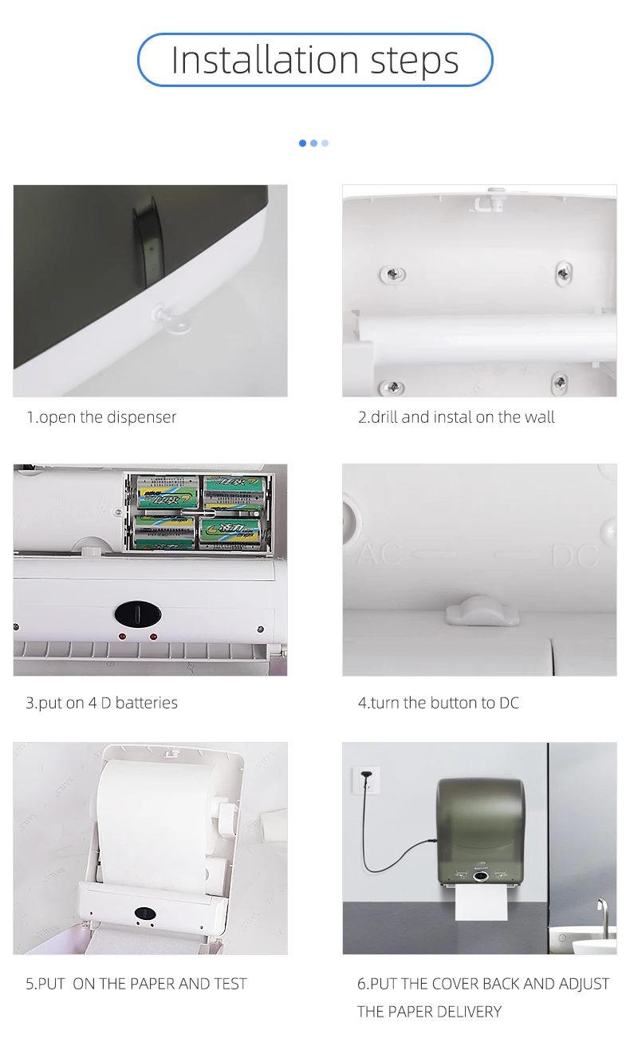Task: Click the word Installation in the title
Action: pyautogui.click(x=265, y=60)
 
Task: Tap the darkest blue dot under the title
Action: pyautogui.click(x=302, y=143)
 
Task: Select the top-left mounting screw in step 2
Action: pyautogui.click(x=393, y=274)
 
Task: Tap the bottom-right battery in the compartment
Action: pyautogui.click(x=230, y=533)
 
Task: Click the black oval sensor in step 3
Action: pyautogui.click(x=138, y=614)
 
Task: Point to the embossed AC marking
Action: pyautogui.click(x=380, y=554)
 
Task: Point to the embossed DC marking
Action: pyautogui.click(x=575, y=556)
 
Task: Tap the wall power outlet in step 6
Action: pyautogui.click(x=367, y=780)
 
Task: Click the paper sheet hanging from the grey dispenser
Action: pyautogui.click(x=481, y=902)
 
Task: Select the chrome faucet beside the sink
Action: pyautogui.click(x=602, y=910)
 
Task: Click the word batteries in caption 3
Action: pyautogui.click(x=146, y=703)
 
